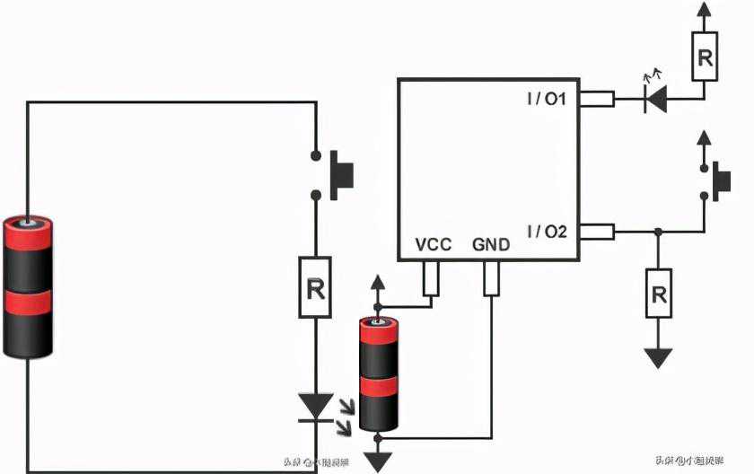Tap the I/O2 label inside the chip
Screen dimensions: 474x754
click(x=546, y=232)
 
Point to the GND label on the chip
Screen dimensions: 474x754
click(x=491, y=244)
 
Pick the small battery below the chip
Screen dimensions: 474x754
click(x=378, y=373)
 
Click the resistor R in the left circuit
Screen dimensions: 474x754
click(x=315, y=287)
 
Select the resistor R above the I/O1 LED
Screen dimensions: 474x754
click(x=705, y=58)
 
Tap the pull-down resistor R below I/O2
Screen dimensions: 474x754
click(x=659, y=293)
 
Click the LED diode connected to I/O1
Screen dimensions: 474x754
click(x=657, y=99)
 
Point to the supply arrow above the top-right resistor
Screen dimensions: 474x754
click(x=705, y=11)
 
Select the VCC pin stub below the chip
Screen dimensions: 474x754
click(x=431, y=277)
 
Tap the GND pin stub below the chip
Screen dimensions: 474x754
click(x=491, y=277)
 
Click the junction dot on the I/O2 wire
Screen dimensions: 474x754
click(x=659, y=233)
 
